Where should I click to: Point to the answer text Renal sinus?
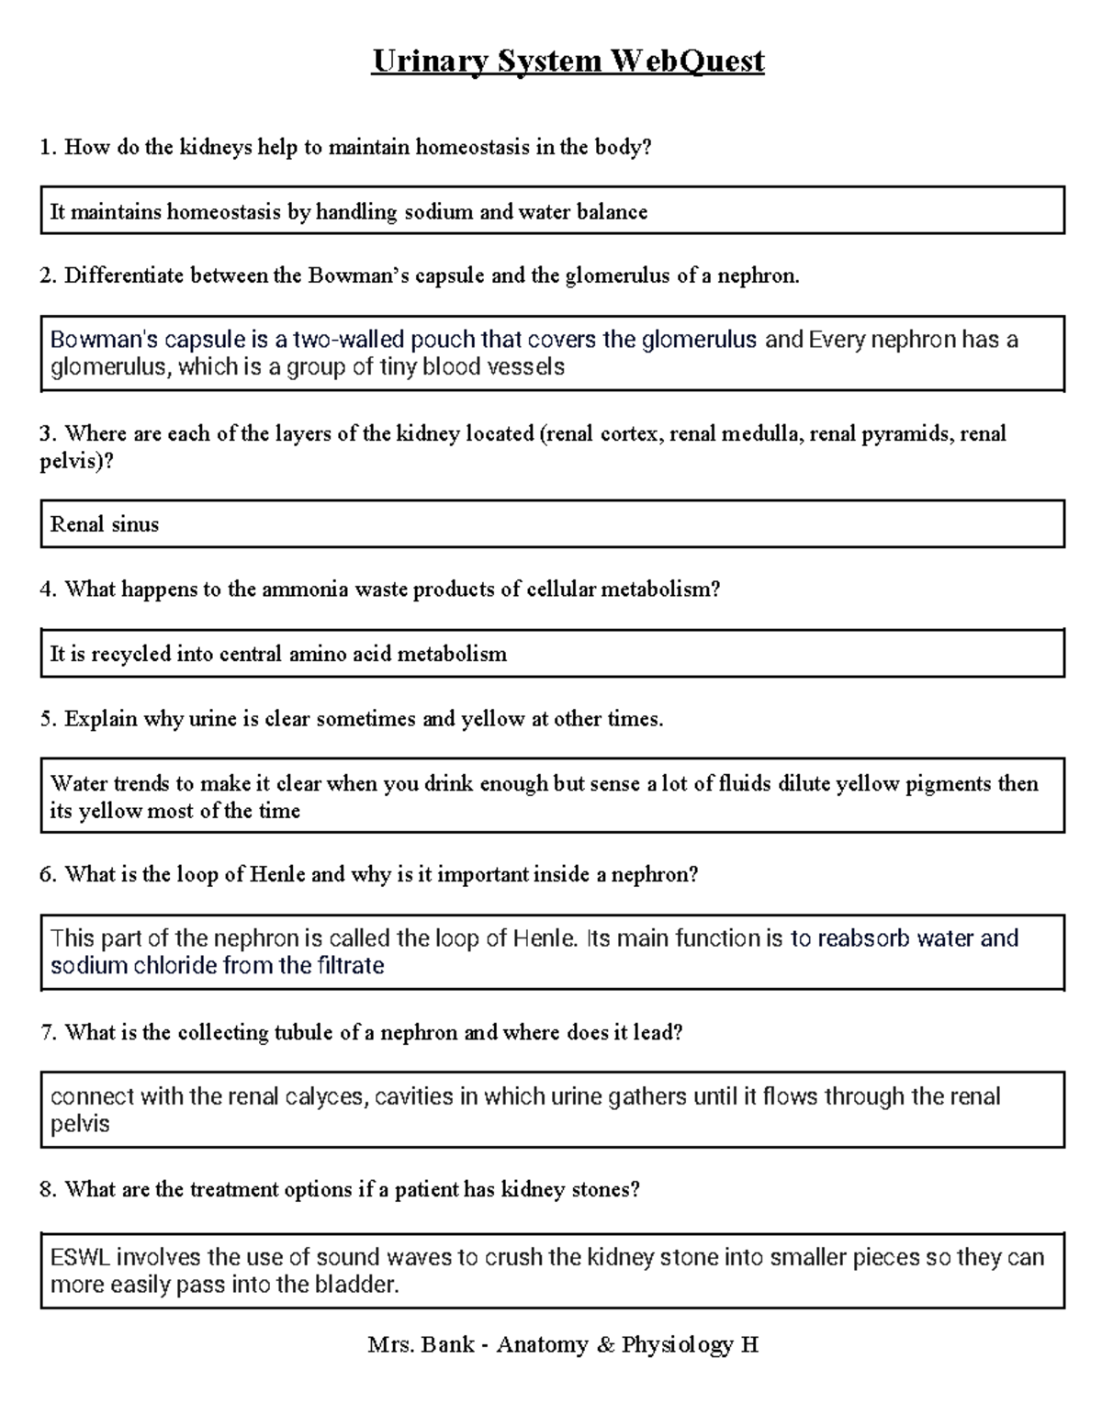pyautogui.click(x=104, y=524)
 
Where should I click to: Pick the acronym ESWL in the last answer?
pyautogui.click(x=80, y=1257)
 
